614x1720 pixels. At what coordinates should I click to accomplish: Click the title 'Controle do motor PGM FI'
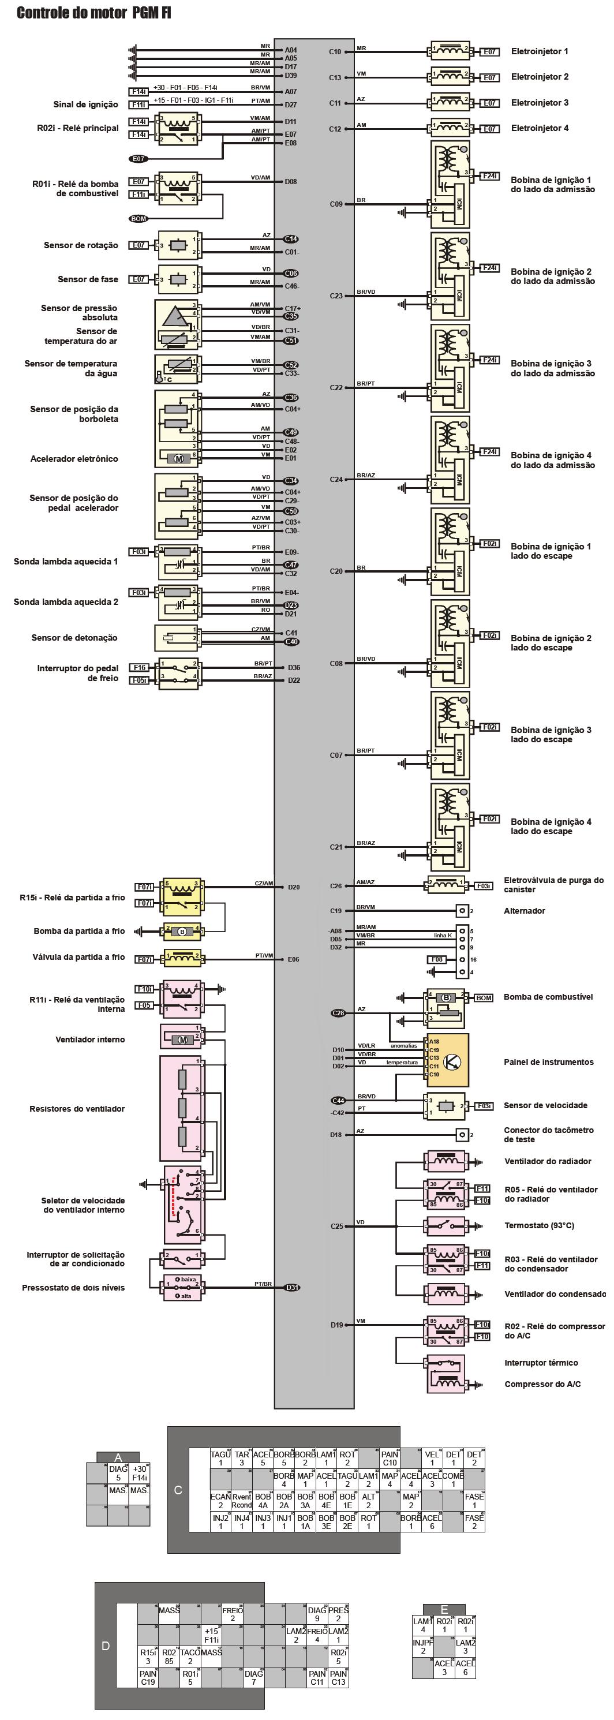point(93,13)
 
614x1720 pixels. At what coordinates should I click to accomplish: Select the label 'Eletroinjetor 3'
point(539,103)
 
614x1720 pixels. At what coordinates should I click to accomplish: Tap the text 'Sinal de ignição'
point(85,104)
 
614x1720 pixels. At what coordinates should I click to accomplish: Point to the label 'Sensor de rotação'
point(81,245)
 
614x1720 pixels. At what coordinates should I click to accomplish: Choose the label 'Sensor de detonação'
point(74,638)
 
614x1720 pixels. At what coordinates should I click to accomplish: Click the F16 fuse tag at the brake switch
point(140,667)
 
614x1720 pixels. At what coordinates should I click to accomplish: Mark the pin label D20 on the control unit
point(294,887)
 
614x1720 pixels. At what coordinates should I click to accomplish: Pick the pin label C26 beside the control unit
point(336,886)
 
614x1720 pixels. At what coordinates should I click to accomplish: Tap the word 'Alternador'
point(524,911)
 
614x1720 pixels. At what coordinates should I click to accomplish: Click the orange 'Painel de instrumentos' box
point(448,1061)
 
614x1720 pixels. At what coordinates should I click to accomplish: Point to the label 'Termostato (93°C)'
point(538,1225)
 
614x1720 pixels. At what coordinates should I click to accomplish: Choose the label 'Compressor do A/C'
point(542,1384)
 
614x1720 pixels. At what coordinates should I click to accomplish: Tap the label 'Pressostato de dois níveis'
point(73,1287)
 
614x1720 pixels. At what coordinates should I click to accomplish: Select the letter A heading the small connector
point(118,1457)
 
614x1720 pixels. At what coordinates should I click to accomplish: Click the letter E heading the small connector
point(444,1610)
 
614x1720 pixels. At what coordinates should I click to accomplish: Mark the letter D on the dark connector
point(106,1646)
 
